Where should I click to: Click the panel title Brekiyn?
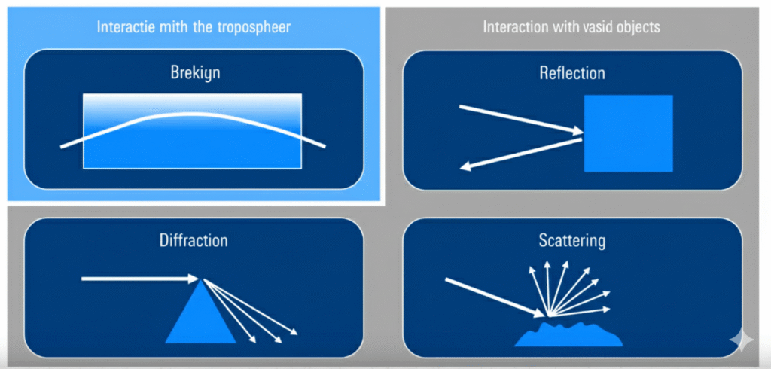[x=194, y=74]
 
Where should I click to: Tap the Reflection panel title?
[x=571, y=73]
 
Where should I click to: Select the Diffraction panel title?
[x=194, y=241]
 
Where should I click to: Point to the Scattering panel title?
[x=571, y=241]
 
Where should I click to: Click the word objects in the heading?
[x=636, y=27]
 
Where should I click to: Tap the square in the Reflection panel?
[x=628, y=133]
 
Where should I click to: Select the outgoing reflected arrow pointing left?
[x=520, y=153]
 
